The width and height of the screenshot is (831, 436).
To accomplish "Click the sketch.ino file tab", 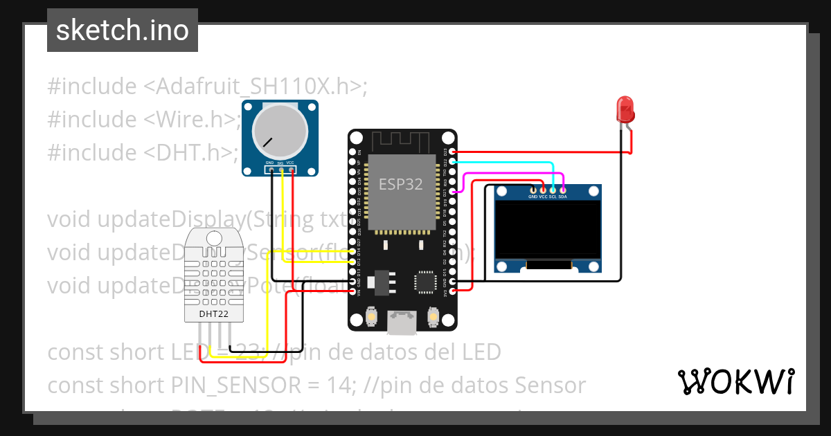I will [x=122, y=30].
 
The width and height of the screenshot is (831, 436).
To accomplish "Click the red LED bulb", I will [x=625, y=110].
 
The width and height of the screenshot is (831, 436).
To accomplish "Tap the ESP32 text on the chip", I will [x=400, y=185].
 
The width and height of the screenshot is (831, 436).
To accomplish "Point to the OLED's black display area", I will [x=547, y=229].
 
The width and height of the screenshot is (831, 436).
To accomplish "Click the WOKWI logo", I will [x=735, y=381].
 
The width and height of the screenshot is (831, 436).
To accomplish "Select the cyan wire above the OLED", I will [x=506, y=163].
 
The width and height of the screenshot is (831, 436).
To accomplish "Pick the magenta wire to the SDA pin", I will [x=512, y=174].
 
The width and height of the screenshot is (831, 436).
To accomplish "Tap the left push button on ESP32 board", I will [x=371, y=317].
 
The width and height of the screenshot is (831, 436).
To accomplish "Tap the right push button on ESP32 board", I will [x=434, y=317].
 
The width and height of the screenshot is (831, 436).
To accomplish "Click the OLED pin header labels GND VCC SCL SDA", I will [x=547, y=197].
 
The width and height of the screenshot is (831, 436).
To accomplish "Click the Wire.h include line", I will [x=144, y=119].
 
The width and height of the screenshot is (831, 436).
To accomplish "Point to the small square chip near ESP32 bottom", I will [x=424, y=281].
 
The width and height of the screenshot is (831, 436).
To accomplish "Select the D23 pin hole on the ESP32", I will [x=452, y=152].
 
